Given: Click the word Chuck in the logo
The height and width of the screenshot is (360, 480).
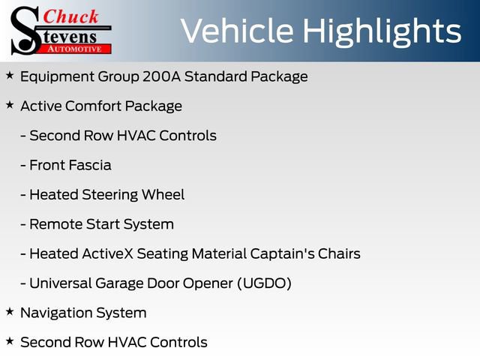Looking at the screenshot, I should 70,16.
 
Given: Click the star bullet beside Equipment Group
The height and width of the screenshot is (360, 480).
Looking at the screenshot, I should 10,76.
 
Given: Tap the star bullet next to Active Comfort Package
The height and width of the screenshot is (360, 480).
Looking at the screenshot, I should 10,105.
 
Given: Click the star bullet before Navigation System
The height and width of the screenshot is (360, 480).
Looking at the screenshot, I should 10,311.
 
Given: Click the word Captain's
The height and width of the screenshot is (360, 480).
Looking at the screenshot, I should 280,253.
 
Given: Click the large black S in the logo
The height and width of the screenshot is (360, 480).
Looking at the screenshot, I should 25,30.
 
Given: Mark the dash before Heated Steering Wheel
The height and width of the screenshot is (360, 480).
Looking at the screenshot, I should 24,195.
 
